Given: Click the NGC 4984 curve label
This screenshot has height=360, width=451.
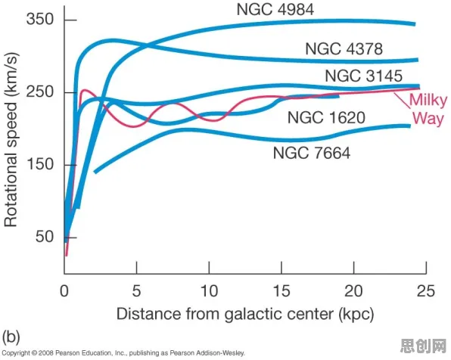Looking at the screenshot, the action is (275, 9).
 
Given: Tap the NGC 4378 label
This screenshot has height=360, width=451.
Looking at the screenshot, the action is (344, 48).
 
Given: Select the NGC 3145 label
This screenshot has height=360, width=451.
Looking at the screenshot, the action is (363, 76).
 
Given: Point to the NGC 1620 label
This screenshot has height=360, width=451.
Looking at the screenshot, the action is (326, 117).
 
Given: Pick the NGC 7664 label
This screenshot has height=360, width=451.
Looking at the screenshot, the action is (312, 153).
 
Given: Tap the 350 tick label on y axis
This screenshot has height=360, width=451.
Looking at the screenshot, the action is (40, 19).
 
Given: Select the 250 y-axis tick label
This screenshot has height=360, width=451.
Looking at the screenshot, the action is (40, 92).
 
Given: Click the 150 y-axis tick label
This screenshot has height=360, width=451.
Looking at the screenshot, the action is (40, 164).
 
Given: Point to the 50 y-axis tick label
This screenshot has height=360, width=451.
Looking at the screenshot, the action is (45, 237).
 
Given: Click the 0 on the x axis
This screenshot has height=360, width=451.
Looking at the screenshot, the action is (64, 291).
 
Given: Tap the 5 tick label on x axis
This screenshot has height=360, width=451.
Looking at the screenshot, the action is (136, 291).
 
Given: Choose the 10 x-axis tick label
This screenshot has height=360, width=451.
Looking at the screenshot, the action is (209, 291).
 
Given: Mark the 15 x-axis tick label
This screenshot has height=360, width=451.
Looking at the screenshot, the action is (281, 291).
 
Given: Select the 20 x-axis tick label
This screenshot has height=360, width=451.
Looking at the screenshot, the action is (353, 291).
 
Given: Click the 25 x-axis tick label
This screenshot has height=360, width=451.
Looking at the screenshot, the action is (426, 291).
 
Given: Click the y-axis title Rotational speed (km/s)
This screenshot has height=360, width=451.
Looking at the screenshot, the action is (11, 140).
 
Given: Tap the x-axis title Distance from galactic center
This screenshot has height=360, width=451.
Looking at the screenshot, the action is (245, 314).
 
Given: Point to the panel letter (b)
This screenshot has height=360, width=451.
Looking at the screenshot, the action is (11, 337).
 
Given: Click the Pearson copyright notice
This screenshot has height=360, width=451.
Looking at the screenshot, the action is (123, 352).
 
